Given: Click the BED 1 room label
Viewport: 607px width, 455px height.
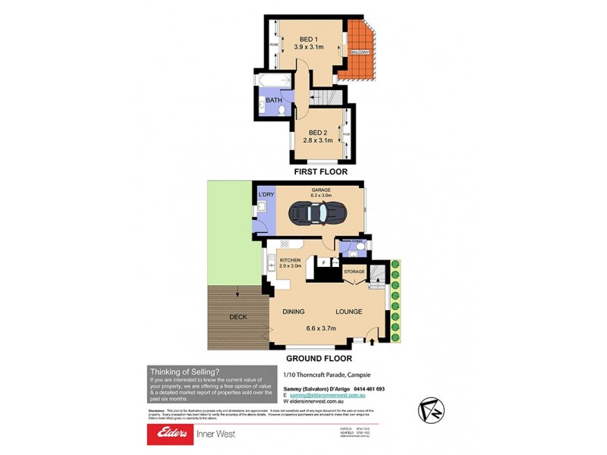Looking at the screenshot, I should click(307, 39).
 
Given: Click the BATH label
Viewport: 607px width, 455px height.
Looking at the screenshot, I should click(274, 99).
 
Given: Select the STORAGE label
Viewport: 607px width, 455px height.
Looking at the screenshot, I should click(355, 271).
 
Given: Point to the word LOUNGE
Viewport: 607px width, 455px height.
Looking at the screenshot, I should click(349, 312).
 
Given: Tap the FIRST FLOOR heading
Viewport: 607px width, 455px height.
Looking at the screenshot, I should click(322, 172).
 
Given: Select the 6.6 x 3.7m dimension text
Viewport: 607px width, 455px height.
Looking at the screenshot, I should click(321, 328).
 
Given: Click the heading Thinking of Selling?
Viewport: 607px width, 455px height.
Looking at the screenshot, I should click(184, 371).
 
